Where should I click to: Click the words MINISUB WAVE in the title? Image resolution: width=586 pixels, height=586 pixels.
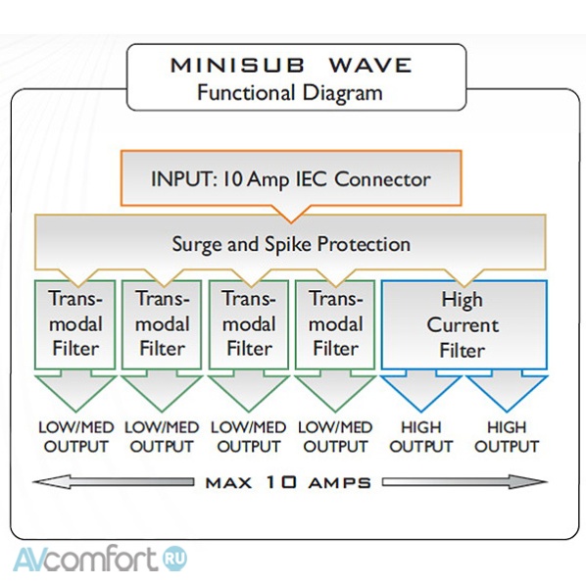[291, 66]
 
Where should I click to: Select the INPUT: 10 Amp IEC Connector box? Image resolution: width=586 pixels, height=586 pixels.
[291, 179]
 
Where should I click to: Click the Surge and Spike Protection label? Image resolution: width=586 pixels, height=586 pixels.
[291, 243]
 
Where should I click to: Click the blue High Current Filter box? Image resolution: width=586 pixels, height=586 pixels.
[464, 323]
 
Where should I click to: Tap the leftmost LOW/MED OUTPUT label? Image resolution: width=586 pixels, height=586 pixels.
[75, 436]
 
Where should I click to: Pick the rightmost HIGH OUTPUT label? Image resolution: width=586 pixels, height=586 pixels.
[507, 436]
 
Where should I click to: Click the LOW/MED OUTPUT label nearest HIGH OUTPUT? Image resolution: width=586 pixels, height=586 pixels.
[335, 436]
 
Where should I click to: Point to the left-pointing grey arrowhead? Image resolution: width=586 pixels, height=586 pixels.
[49, 482]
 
